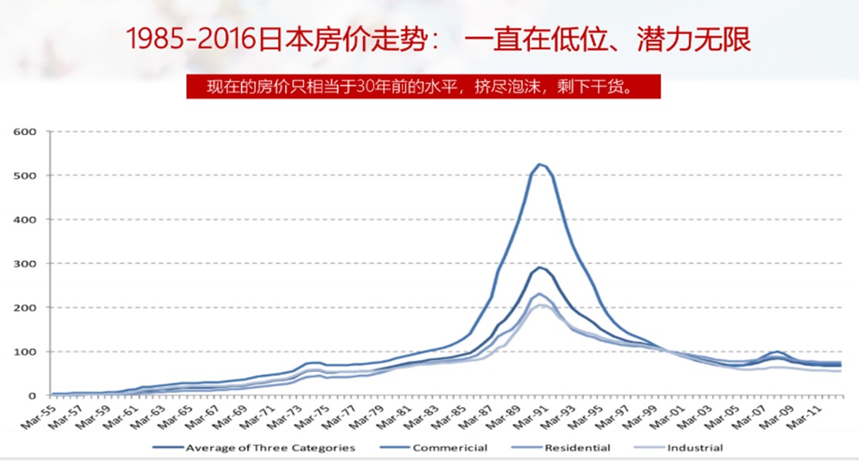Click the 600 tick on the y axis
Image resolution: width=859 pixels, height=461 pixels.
pyautogui.click(x=25, y=131)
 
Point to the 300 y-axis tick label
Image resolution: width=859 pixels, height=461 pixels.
pyautogui.click(x=25, y=263)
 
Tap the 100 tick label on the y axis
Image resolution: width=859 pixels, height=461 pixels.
pyautogui.click(x=25, y=351)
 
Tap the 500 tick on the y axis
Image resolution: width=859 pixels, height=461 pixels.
pyautogui.click(x=25, y=175)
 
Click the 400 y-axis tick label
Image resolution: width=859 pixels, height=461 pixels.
pyautogui.click(x=25, y=219)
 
